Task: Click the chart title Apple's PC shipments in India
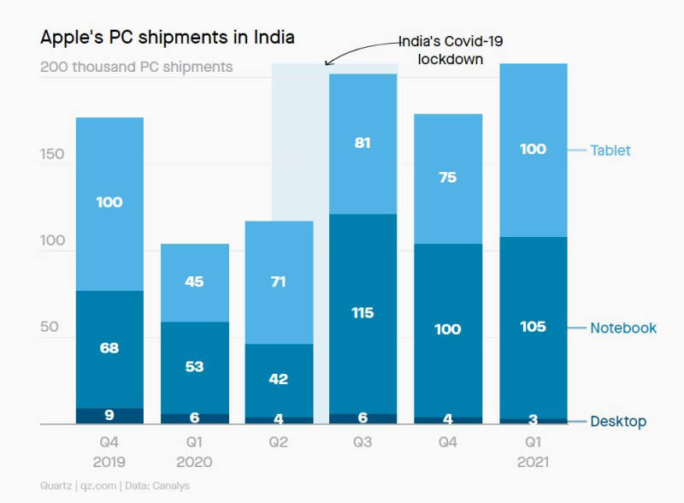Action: pos(168,38)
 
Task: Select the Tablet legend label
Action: pos(610,151)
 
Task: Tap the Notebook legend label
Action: pos(623,328)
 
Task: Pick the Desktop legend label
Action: pos(618,422)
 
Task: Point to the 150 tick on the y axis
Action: pos(52,154)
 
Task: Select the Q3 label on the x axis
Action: pos(363,443)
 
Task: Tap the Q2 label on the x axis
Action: pos(279,443)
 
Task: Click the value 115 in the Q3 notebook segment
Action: pos(363,313)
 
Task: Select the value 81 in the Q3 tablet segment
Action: pos(363,143)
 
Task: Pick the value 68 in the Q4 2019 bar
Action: pos(109,347)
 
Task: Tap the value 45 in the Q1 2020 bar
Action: pos(194,281)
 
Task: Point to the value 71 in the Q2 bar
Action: pos(279,281)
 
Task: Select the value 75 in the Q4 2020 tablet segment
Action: pos(447,178)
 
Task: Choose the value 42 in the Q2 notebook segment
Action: pos(279,379)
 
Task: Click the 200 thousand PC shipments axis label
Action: pos(137,67)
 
